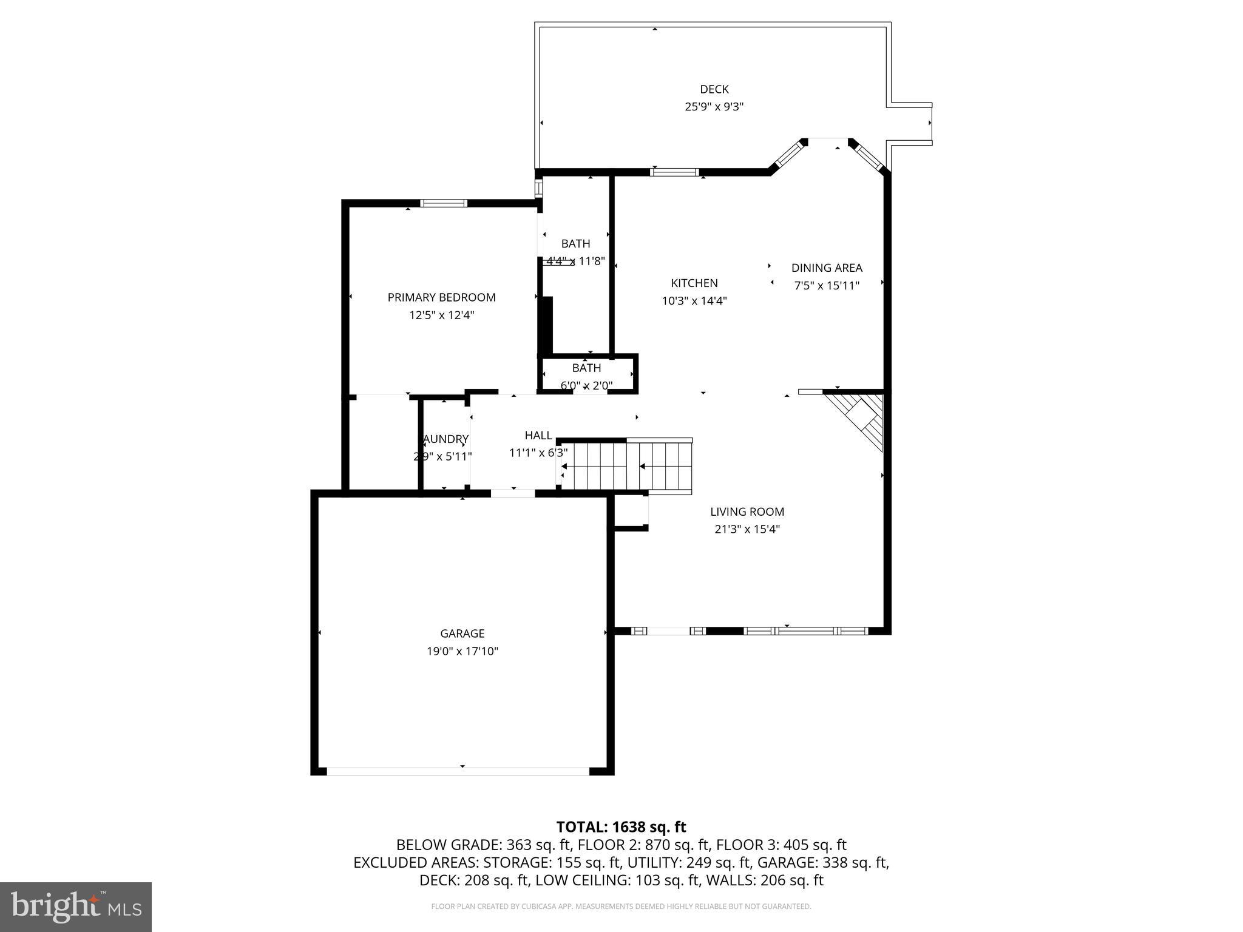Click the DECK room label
pyautogui.click(x=714, y=89)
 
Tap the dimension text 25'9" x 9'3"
pyautogui.click(x=714, y=107)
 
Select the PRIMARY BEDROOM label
pyautogui.click(x=441, y=297)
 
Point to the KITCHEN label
pyautogui.click(x=694, y=283)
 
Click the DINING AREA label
pyautogui.click(x=826, y=268)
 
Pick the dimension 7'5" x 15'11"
pyautogui.click(x=826, y=285)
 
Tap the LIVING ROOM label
pyautogui.click(x=747, y=512)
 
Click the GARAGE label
pyautogui.click(x=462, y=633)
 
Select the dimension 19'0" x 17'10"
pyautogui.click(x=462, y=651)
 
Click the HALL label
pyautogui.click(x=538, y=435)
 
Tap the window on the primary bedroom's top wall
pyautogui.click(x=444, y=203)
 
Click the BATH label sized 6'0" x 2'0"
pyautogui.click(x=586, y=368)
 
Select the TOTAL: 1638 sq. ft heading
pyautogui.click(x=621, y=827)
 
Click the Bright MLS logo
pyautogui.click(x=76, y=907)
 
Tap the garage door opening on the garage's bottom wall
pyautogui.click(x=458, y=771)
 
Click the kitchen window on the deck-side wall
pyautogui.click(x=674, y=172)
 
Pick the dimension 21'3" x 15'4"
pyautogui.click(x=747, y=529)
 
